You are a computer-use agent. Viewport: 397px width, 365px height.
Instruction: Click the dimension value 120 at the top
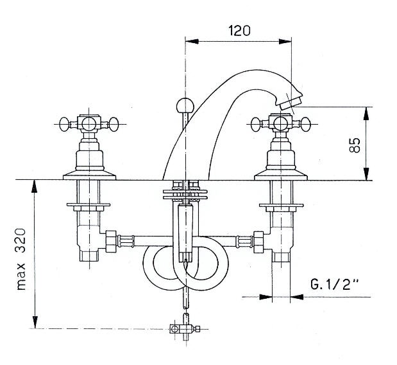[x=238, y=30]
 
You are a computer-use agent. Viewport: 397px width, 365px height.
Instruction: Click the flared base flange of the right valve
[x=280, y=173]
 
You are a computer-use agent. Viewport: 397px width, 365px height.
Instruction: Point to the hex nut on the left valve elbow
[x=111, y=242]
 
